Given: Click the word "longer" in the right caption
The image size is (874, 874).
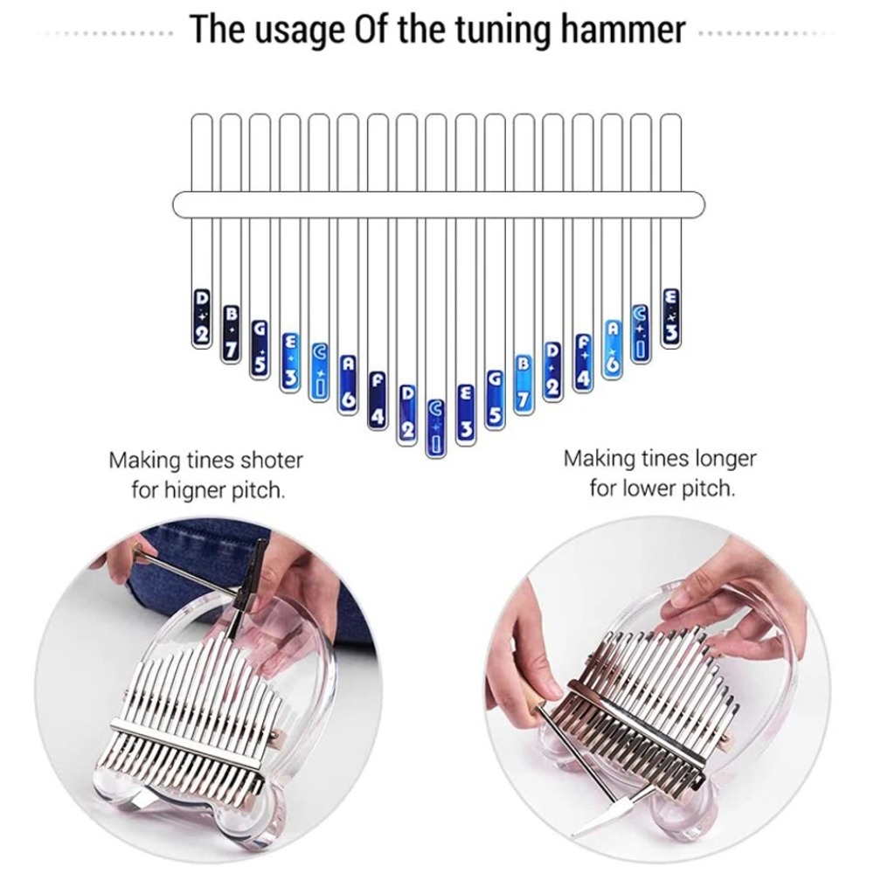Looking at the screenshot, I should point(725,458).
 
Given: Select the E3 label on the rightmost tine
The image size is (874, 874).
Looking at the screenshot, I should point(670,317).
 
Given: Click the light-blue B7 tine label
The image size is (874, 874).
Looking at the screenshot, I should point(524,382).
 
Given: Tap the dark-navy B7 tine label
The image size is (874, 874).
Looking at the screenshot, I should point(231,332).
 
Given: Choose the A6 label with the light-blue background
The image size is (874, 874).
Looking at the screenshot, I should point(612,347).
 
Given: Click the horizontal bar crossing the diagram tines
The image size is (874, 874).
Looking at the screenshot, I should point(437,204).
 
